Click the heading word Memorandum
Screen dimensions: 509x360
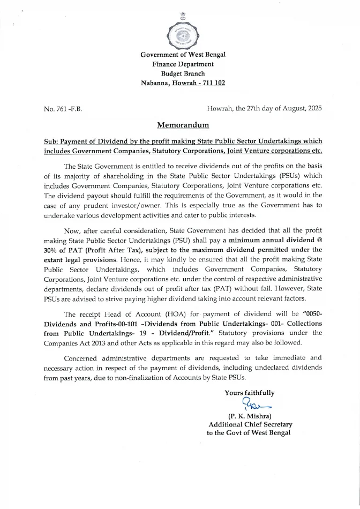(183, 125)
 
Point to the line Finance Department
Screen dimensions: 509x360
(183, 64)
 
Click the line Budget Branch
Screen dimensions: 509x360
(183, 73)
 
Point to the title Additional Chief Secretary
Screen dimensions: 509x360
(250, 424)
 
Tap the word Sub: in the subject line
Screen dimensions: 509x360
(52, 141)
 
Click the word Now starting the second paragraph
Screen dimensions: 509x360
(72, 230)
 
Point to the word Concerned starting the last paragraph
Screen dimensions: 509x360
(81, 357)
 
